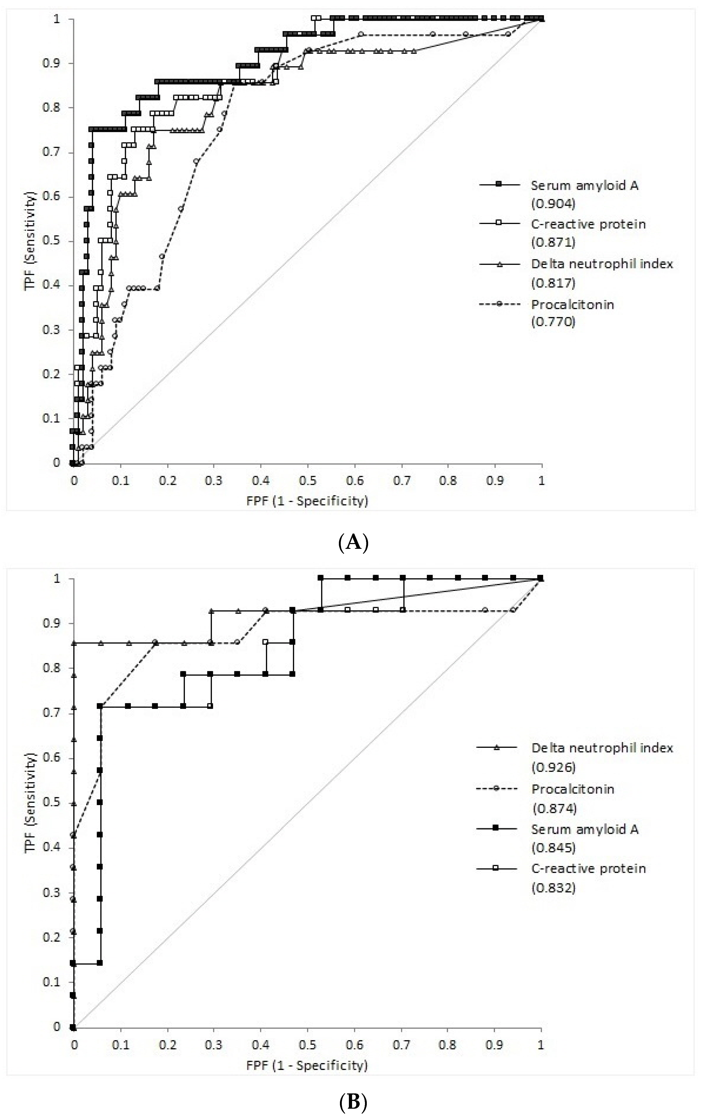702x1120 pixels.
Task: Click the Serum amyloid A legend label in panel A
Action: pos(585,186)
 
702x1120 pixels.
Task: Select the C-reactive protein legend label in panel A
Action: pos(588,224)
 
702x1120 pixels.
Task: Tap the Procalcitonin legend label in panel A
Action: pos(572,305)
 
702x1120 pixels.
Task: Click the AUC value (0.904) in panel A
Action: pos(553,203)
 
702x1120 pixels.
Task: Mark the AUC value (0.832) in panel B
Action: pos(553,888)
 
